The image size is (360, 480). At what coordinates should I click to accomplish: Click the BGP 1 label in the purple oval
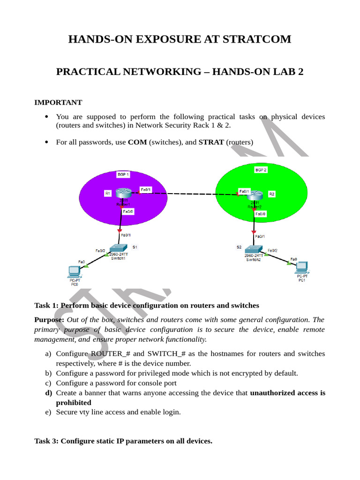pyautogui.click(x=123, y=174)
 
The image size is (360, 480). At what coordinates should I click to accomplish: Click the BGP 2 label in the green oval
pyautogui.click(x=261, y=170)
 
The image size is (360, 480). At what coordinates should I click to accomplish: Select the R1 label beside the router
pyautogui.click(x=107, y=194)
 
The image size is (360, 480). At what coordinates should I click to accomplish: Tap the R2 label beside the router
pyautogui.click(x=271, y=194)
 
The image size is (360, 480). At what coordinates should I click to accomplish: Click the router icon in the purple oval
pyautogui.click(x=124, y=193)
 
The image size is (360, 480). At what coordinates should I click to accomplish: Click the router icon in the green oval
pyautogui.click(x=255, y=195)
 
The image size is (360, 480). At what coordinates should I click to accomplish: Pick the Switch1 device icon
pyautogui.click(x=118, y=248)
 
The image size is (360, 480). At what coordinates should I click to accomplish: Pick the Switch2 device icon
pyautogui.click(x=254, y=249)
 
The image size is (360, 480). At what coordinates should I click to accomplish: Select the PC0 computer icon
pyautogui.click(x=75, y=272)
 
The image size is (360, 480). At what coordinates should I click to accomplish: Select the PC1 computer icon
pyautogui.click(x=301, y=268)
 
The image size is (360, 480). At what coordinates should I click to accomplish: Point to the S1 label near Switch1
pyautogui.click(x=135, y=247)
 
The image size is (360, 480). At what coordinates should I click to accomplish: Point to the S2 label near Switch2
pyautogui.click(x=239, y=247)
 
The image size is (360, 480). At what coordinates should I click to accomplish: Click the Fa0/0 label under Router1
pyautogui.click(x=128, y=211)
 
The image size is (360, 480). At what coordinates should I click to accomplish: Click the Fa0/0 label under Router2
pyautogui.click(x=261, y=214)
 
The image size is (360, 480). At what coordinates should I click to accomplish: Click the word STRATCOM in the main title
pyautogui.click(x=257, y=39)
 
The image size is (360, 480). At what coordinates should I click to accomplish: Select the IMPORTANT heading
pyautogui.click(x=58, y=102)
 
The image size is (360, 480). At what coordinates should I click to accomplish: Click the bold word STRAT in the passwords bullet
pyautogui.click(x=211, y=142)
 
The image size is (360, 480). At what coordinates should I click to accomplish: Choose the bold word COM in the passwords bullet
pyautogui.click(x=137, y=142)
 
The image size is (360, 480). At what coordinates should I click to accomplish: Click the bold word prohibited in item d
pyautogui.click(x=74, y=403)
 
